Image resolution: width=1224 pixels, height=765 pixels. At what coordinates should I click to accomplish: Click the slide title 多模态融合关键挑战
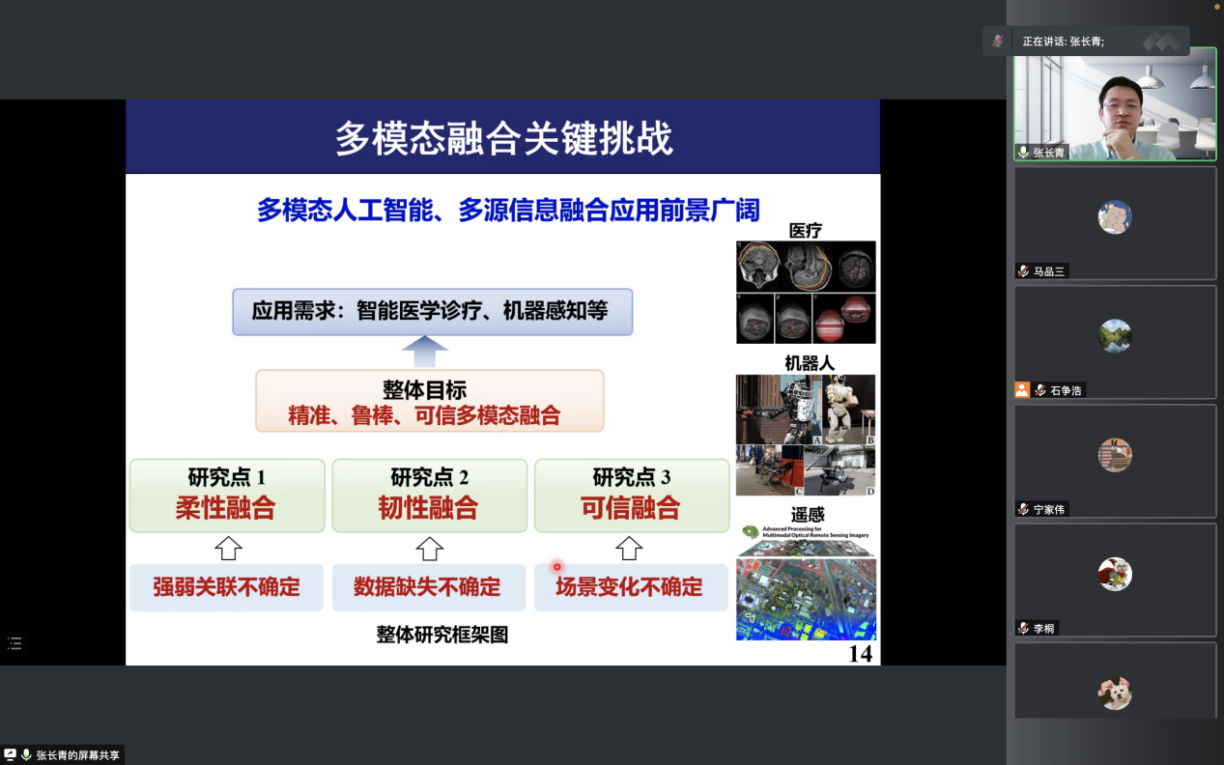click(x=503, y=138)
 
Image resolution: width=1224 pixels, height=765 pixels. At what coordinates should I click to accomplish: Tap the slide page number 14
click(x=860, y=654)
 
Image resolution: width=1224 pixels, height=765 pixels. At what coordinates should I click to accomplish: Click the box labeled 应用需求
click(x=432, y=311)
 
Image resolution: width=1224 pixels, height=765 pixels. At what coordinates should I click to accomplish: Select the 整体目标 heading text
click(x=424, y=390)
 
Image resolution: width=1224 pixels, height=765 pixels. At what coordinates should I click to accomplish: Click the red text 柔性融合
click(x=225, y=508)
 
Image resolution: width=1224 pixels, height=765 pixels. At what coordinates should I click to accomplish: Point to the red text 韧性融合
click(x=428, y=508)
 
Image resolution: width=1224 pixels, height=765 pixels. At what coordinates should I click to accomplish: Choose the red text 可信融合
click(x=630, y=508)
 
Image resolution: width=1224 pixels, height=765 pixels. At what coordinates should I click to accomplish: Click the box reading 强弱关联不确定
click(x=226, y=587)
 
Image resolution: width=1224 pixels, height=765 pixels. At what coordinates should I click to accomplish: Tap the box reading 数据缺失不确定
click(x=428, y=587)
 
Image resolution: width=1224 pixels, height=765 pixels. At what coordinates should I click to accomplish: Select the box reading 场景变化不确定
click(x=630, y=587)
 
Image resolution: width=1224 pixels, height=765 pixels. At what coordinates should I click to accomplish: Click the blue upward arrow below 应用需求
click(x=424, y=351)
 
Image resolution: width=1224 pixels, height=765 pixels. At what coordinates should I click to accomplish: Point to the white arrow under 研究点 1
click(x=227, y=549)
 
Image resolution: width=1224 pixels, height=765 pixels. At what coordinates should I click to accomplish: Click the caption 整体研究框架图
click(x=441, y=635)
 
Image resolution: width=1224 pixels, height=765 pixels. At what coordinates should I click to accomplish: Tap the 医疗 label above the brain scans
click(x=805, y=230)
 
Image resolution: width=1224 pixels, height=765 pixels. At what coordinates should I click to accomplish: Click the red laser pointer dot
click(x=556, y=567)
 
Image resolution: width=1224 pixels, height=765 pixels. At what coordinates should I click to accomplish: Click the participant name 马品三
click(x=1048, y=271)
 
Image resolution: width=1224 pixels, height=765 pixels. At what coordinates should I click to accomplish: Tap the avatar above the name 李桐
click(x=1115, y=574)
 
